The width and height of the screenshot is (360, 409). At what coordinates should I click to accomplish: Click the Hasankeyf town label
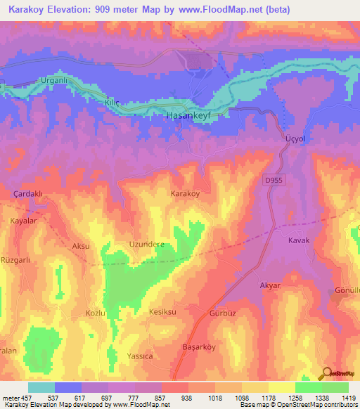[x=187, y=115]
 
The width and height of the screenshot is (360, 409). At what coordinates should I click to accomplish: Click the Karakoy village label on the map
[x=186, y=193]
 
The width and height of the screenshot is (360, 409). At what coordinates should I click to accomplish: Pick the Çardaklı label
[x=29, y=193]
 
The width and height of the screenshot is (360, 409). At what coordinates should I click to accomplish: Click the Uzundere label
[x=146, y=245]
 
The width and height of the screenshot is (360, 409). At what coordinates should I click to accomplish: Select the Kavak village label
[x=299, y=240]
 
